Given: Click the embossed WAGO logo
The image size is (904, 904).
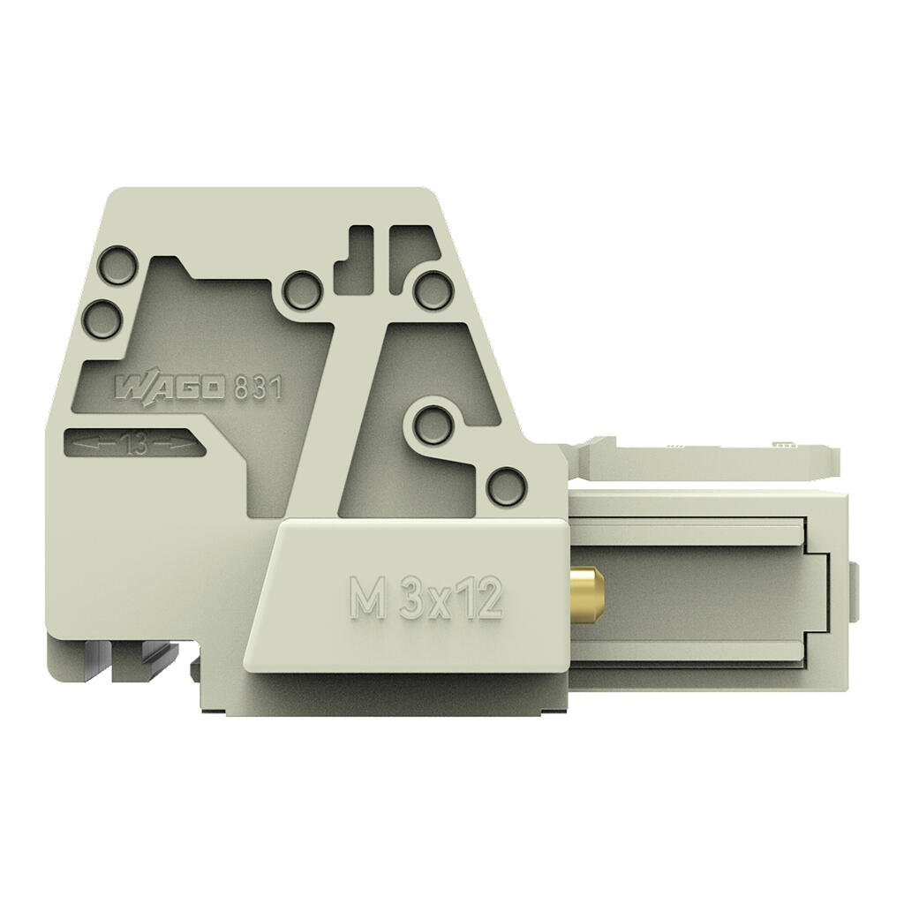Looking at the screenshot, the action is tap(170, 388).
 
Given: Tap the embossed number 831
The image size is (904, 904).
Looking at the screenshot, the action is tap(257, 388).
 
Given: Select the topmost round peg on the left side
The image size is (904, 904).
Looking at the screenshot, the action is tap(118, 266).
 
